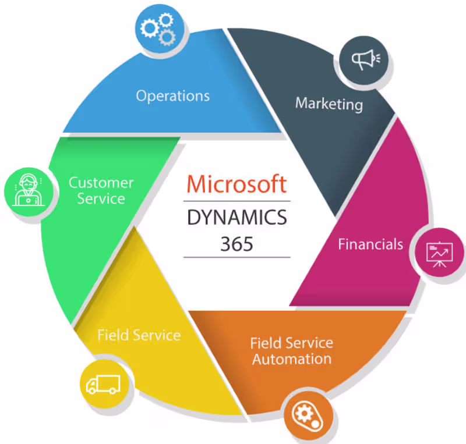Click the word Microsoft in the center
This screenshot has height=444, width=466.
[236, 184]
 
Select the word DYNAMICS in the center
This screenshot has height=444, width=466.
[236, 218]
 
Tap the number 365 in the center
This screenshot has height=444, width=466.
[236, 243]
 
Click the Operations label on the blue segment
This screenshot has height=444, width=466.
[172, 95]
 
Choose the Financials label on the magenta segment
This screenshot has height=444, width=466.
[370, 244]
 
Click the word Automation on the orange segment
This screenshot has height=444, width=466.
[292, 358]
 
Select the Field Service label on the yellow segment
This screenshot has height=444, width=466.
[139, 335]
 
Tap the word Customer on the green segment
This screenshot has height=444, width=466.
[101, 183]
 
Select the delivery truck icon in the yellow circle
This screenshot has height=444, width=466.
[103, 383]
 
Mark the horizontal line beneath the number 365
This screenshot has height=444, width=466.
[236, 257]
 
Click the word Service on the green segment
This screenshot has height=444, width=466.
[101, 199]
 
